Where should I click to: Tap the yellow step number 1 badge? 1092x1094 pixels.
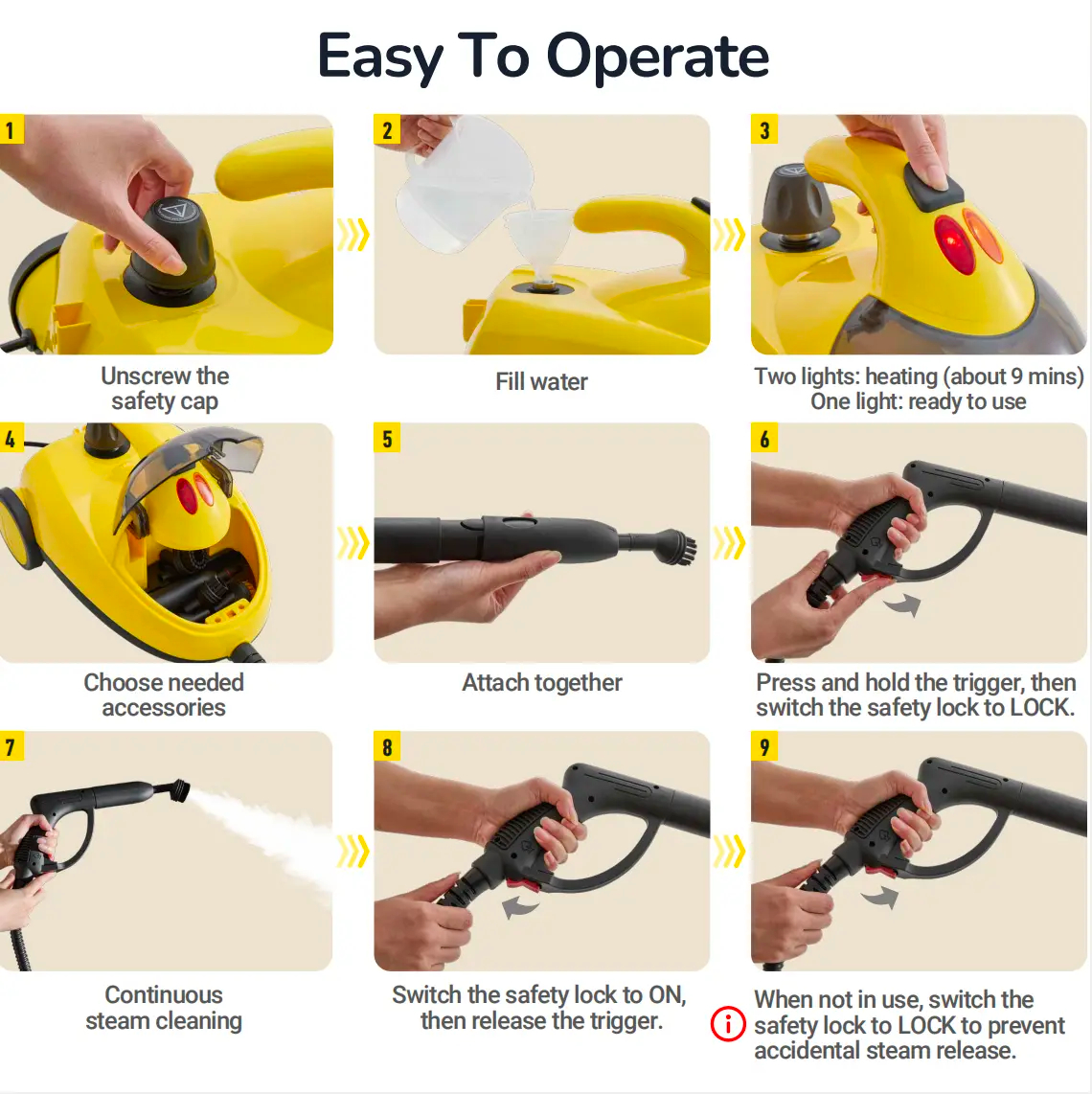click(x=11, y=129)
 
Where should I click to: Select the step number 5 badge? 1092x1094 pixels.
click(x=387, y=438)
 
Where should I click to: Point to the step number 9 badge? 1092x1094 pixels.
click(x=764, y=746)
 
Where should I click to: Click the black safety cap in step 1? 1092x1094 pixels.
click(x=171, y=248)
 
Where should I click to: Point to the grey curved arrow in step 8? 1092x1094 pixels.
click(x=520, y=907)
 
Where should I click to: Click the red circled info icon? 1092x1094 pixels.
click(x=728, y=1024)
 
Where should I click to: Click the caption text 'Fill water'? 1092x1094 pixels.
click(x=541, y=381)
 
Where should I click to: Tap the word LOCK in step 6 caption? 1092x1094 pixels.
click(x=1041, y=708)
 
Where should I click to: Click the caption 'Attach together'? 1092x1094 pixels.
click(x=541, y=682)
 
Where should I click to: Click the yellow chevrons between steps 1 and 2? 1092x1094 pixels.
click(x=353, y=235)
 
